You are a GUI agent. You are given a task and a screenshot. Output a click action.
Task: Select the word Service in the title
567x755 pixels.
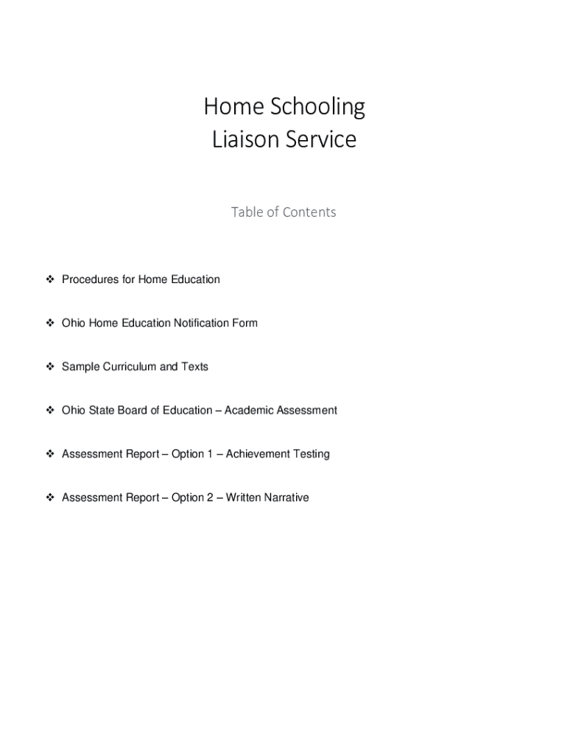tap(320, 139)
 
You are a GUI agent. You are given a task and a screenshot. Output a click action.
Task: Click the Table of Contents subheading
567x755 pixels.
tap(283, 212)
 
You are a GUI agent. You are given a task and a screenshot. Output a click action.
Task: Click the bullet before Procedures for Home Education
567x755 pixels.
tap(50, 279)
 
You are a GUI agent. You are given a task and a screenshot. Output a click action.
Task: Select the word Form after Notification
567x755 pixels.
tap(245, 323)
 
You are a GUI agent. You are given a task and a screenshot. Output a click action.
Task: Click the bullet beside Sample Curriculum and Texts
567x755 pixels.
tap(50, 366)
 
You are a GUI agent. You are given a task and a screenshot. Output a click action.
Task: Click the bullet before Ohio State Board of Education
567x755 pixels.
tap(50, 410)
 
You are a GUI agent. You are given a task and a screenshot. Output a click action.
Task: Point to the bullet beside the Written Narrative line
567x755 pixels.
tap(50, 498)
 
